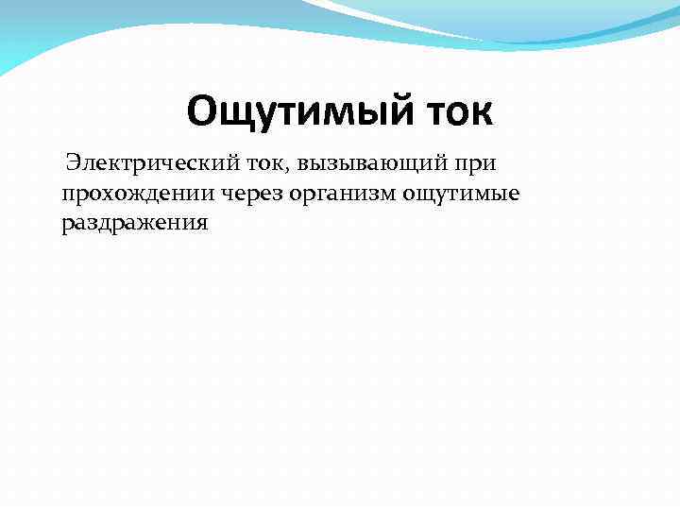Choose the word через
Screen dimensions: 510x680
[246, 195]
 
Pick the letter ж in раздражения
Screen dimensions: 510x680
[147, 222]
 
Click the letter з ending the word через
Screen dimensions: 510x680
[271, 195]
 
